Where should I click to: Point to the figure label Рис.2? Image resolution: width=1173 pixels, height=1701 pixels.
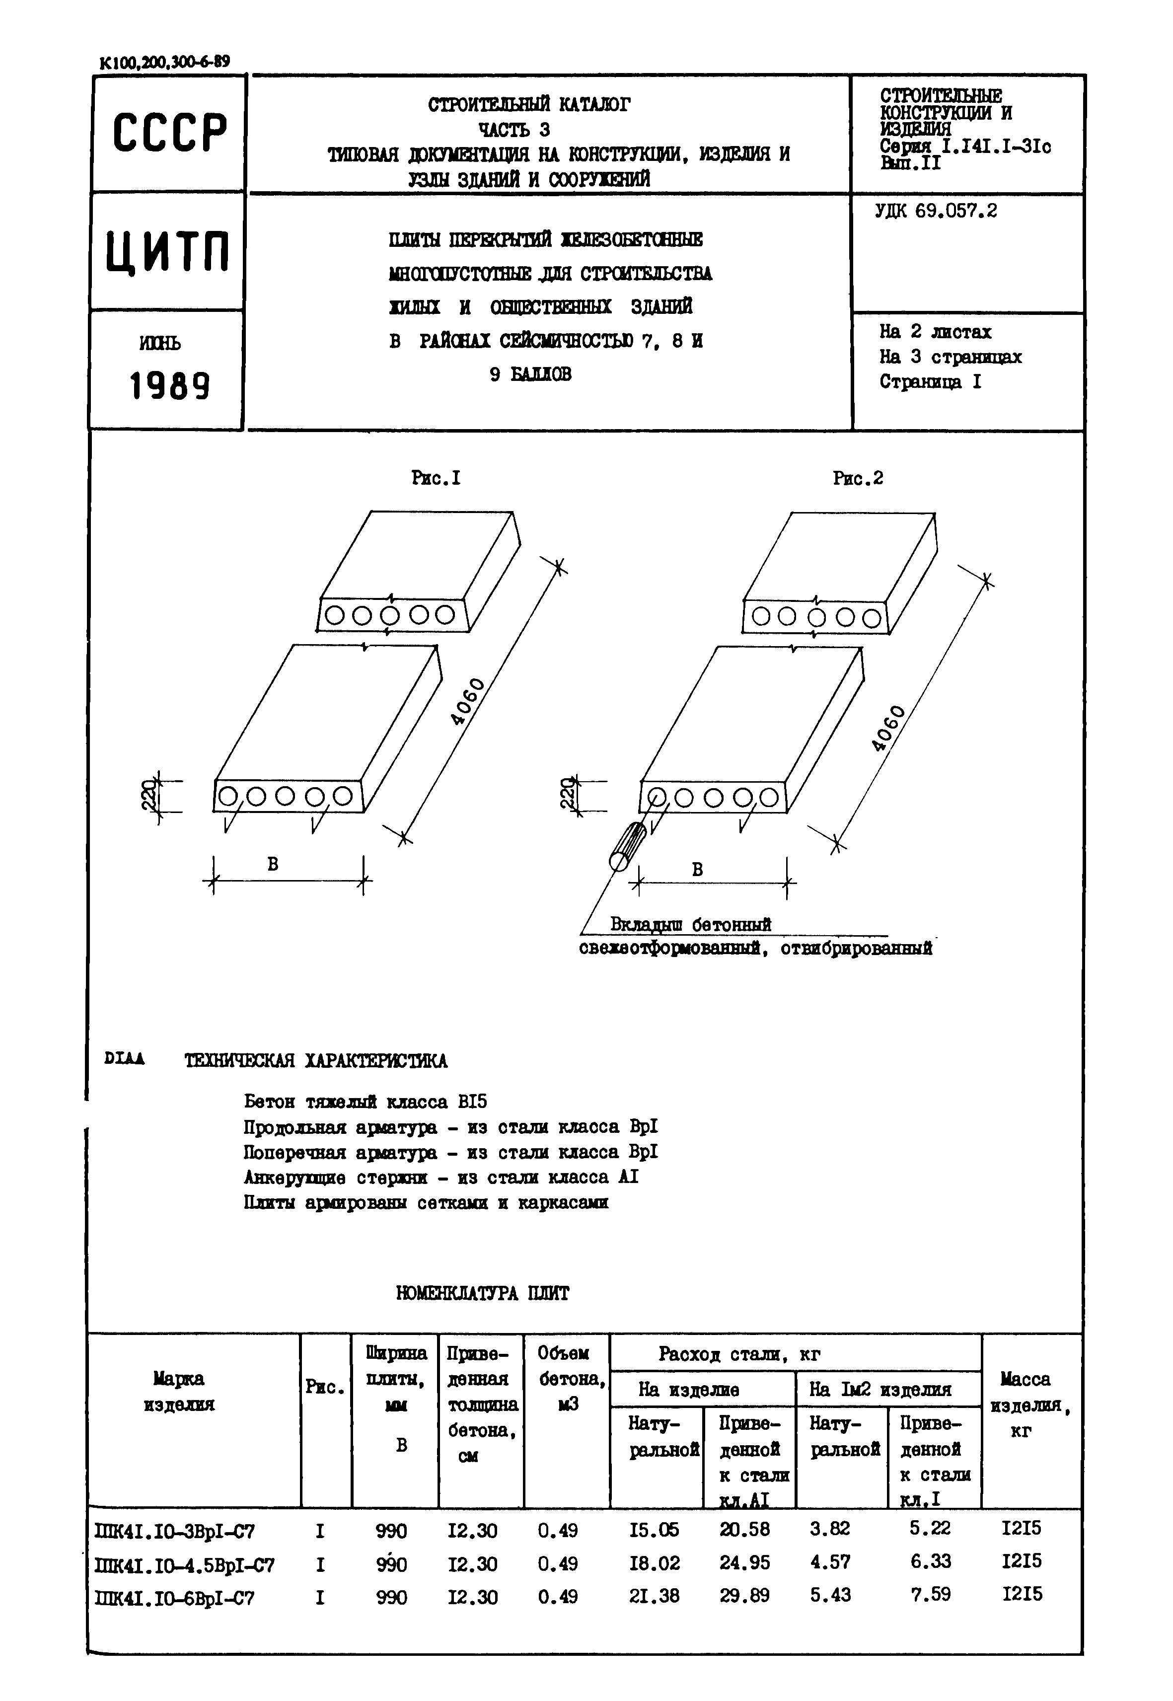click(858, 479)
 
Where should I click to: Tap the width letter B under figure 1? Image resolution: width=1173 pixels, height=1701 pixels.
click(273, 865)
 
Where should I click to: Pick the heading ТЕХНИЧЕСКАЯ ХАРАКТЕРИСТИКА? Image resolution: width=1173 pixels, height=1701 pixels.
click(315, 1061)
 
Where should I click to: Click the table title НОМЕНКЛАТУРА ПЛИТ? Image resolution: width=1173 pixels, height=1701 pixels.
click(482, 1293)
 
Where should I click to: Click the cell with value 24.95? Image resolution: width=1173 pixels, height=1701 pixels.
click(744, 1563)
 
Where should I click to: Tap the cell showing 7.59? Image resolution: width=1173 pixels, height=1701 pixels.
click(931, 1594)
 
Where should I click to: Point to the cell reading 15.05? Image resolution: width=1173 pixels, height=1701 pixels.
click(654, 1531)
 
